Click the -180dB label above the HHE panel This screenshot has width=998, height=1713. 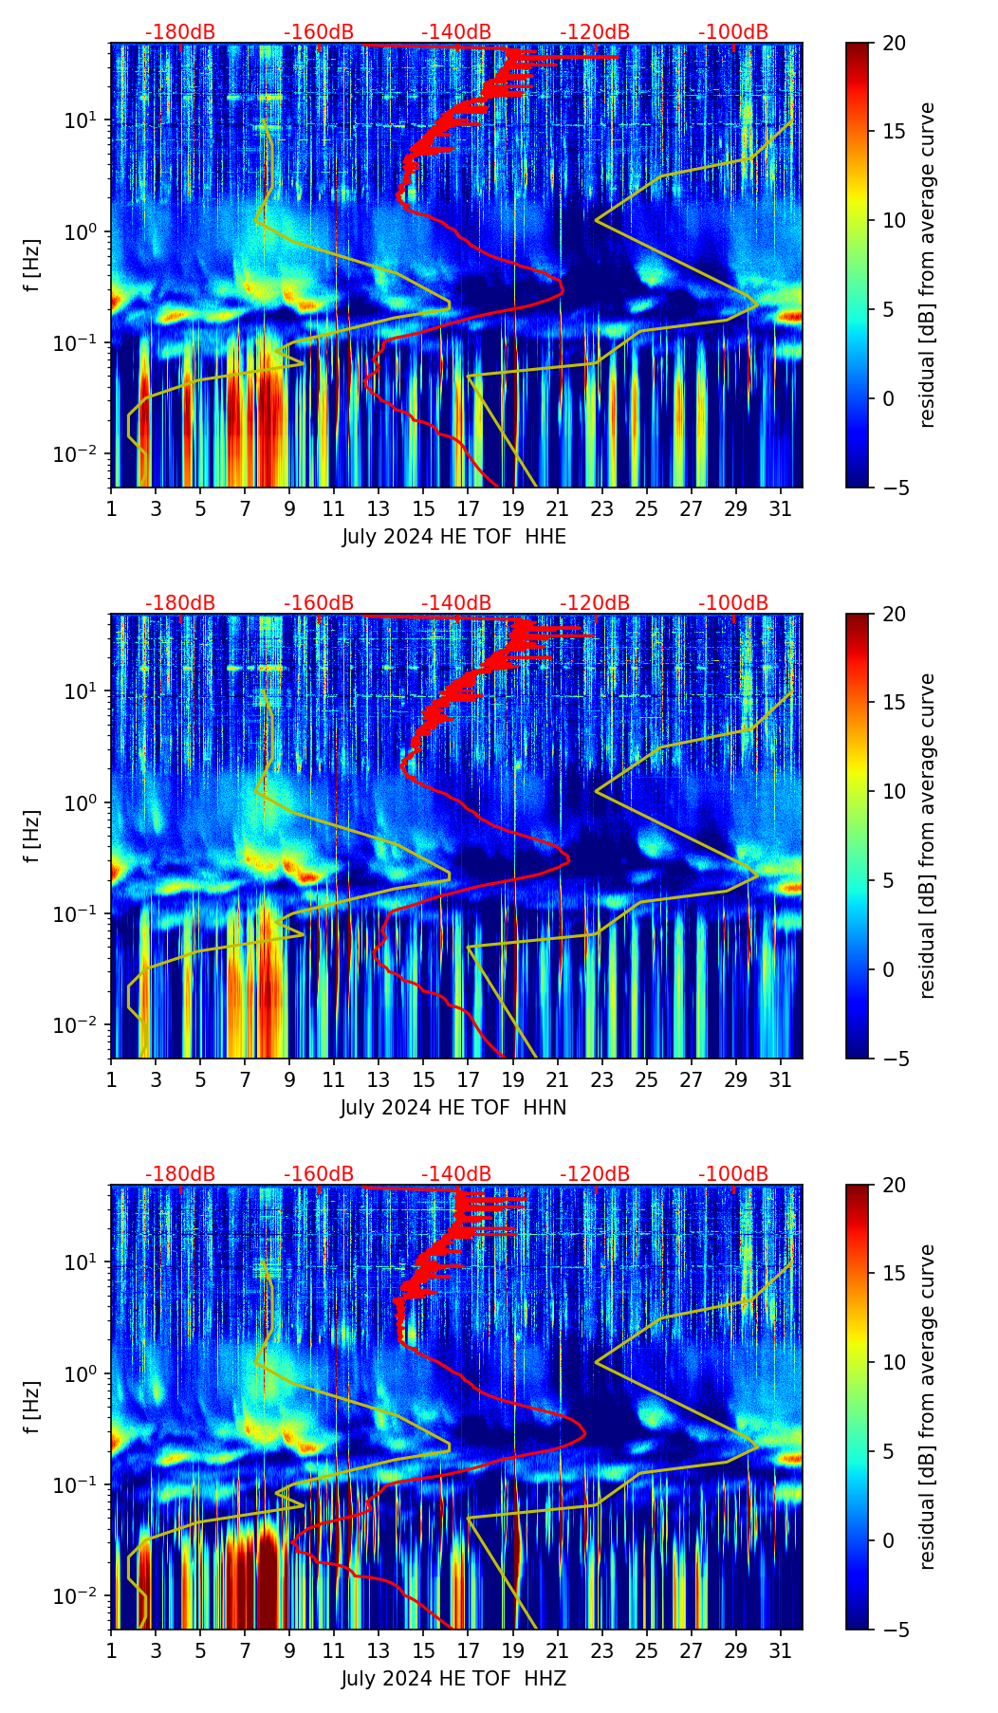(180, 32)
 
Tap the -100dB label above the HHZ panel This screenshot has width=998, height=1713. (733, 1174)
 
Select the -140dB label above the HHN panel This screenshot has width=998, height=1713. (456, 603)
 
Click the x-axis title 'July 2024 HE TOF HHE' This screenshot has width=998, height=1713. (453, 537)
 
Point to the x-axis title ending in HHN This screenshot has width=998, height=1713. (453, 1108)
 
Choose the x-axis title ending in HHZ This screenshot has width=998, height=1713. (453, 1679)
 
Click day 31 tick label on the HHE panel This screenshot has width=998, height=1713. (781, 508)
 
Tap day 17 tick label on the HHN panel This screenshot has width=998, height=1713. (469, 1079)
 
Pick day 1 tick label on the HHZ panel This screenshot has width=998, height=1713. (112, 1650)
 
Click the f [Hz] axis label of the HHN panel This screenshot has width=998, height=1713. (31, 836)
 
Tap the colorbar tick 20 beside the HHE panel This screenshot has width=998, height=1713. (893, 43)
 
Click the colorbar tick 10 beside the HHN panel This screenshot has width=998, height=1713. (893, 791)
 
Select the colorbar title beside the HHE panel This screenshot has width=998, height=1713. (927, 265)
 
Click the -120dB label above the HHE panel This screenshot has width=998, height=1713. (595, 32)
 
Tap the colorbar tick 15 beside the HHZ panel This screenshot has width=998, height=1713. (893, 1274)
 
